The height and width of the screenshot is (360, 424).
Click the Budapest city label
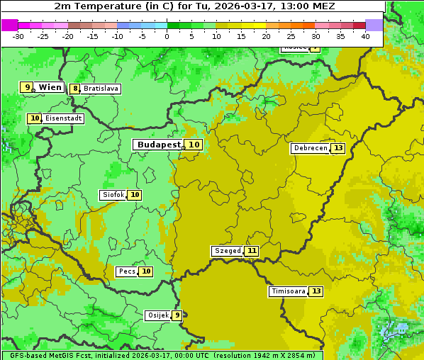(159, 145)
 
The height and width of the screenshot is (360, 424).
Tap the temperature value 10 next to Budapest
(194, 145)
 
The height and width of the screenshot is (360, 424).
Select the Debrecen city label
(310, 148)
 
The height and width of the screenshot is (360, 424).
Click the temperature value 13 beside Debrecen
(338, 148)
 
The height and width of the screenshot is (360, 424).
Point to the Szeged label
(227, 251)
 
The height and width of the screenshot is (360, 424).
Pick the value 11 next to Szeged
(252, 251)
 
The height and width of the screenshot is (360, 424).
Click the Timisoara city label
(288, 291)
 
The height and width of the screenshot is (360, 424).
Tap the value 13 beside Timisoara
(316, 291)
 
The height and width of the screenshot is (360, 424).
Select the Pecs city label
(127, 271)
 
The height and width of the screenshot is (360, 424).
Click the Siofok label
(113, 195)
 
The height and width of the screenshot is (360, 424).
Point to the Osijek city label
(157, 315)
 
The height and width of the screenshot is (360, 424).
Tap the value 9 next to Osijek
(177, 315)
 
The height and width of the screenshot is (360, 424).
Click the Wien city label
(50, 87)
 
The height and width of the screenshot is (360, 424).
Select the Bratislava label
(100, 89)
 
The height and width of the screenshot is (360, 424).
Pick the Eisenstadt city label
(63, 118)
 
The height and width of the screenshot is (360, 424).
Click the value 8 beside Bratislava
(74, 89)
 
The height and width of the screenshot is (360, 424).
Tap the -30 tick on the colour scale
(18, 36)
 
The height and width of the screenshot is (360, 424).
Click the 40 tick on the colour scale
(365, 36)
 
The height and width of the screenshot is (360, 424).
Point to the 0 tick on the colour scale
(167, 36)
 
